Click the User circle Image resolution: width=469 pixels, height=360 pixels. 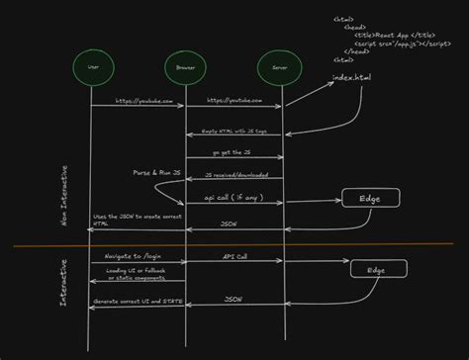93,66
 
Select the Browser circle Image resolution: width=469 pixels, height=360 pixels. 183,66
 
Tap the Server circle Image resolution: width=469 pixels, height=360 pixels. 272,66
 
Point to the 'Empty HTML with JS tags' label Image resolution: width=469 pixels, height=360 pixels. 234,131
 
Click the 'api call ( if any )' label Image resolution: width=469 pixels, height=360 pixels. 234,198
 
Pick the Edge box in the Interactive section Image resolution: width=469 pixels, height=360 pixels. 376,269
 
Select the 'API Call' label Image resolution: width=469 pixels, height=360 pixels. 235,255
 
